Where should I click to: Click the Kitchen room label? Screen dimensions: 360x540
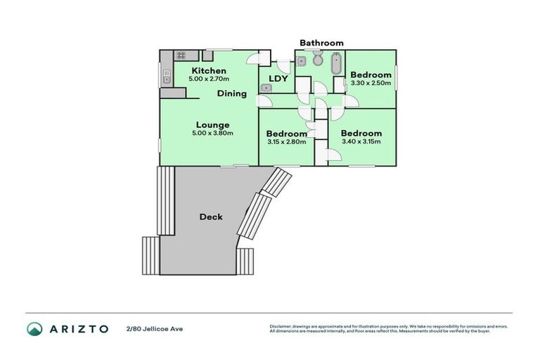pyautogui.click(x=209, y=71)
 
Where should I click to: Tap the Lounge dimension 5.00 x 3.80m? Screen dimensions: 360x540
pyautogui.click(x=212, y=134)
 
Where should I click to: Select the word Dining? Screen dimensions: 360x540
pyautogui.click(x=231, y=94)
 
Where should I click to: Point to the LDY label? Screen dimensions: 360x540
pyautogui.click(x=278, y=79)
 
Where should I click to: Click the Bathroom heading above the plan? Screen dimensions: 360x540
pyautogui.click(x=321, y=43)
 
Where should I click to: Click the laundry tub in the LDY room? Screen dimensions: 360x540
pyautogui.click(x=266, y=89)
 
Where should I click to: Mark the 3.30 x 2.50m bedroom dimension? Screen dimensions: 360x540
pyautogui.click(x=371, y=84)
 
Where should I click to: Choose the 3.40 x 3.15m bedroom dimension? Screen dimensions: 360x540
pyautogui.click(x=361, y=141)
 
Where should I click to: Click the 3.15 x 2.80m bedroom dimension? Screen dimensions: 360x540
pyautogui.click(x=286, y=142)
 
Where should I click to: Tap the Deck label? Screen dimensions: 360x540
pyautogui.click(x=210, y=217)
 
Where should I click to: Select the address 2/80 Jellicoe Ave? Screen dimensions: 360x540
pyautogui.click(x=154, y=328)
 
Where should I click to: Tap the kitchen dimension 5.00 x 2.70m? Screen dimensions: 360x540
pyautogui.click(x=209, y=79)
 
